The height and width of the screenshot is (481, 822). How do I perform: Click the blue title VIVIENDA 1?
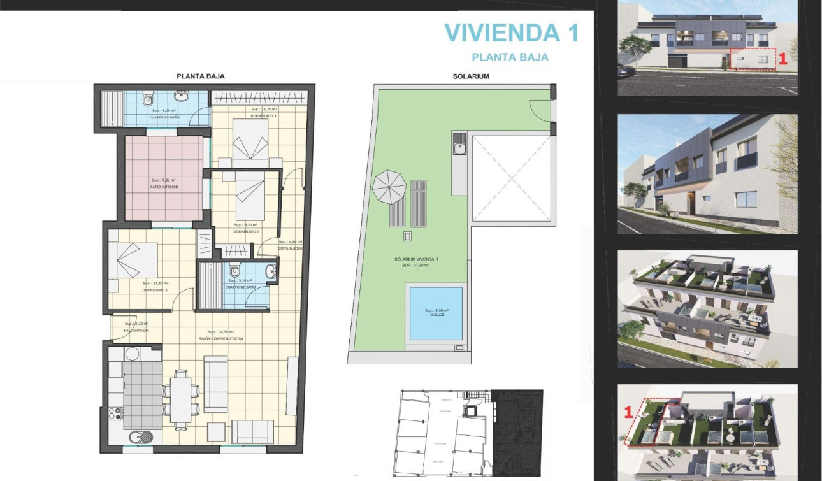tap(511, 32)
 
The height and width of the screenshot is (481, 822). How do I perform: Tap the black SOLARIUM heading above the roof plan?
tap(453, 76)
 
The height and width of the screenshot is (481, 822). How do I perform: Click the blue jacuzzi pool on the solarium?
tap(436, 313)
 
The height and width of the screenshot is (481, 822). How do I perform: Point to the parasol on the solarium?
tap(389, 186)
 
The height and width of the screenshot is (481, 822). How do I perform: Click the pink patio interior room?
tap(164, 179)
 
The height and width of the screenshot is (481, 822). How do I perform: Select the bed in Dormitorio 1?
tap(133, 262)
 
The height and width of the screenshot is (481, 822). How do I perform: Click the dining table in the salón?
tap(181, 399)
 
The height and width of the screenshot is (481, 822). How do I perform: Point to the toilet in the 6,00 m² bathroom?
tap(148, 99)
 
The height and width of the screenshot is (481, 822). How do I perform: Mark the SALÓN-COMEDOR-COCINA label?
tap(221, 339)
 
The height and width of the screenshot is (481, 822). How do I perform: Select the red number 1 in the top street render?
tap(783, 59)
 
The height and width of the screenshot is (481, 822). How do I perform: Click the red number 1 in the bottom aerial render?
tap(627, 412)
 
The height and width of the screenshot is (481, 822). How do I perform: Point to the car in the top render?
tap(625, 72)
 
